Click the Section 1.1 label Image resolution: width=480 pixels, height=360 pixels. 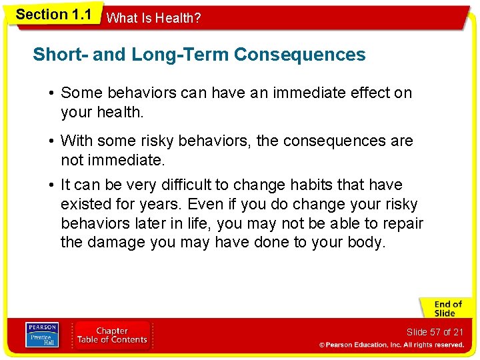(x=53, y=14)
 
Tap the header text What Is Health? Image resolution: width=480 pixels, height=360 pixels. (x=153, y=19)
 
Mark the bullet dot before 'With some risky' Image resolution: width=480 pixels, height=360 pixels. (x=52, y=141)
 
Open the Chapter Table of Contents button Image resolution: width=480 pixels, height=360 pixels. (x=112, y=335)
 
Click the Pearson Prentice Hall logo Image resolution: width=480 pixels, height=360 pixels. (x=41, y=335)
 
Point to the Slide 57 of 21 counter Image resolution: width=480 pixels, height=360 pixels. (x=435, y=332)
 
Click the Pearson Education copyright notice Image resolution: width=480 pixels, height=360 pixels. (x=391, y=345)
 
